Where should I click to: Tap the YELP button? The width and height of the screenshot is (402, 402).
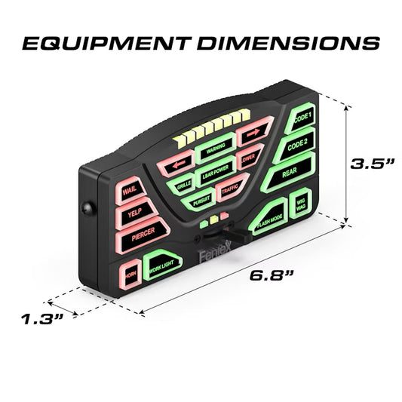(133, 214)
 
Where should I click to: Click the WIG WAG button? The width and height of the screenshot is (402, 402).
(302, 204)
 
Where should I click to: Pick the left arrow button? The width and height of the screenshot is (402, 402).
(180, 163)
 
